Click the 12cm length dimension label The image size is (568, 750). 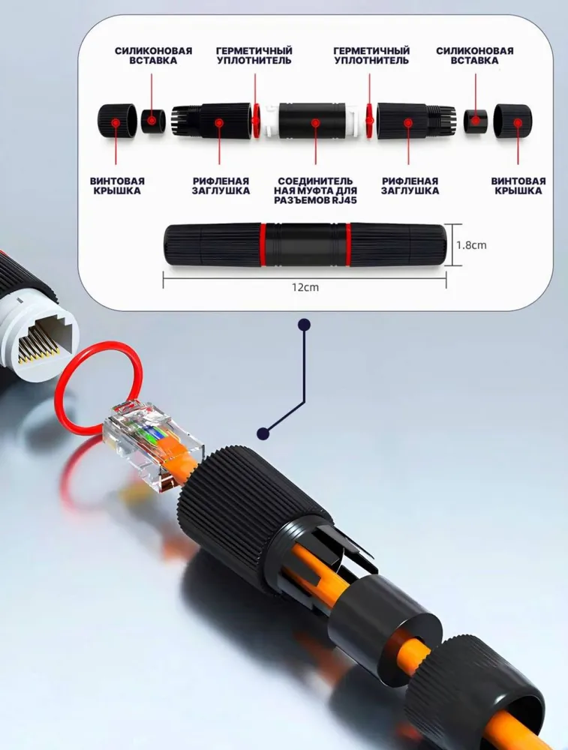coord(305,287)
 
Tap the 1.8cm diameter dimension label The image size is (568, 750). coord(471,245)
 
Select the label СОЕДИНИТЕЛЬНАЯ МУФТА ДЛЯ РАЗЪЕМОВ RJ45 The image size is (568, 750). coord(315,190)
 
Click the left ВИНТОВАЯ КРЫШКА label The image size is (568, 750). coord(117,185)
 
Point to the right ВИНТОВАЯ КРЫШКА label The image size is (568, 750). coord(518,185)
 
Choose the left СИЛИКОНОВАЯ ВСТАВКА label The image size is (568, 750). coord(153,55)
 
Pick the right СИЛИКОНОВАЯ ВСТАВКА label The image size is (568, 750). coord(475,55)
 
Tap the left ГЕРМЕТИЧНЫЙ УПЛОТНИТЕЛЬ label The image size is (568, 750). coord(254,55)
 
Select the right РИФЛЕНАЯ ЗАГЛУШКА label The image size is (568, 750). coord(410,185)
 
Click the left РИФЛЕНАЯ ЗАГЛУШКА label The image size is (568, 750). coord(221,185)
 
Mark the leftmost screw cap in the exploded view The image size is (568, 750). coord(116,122)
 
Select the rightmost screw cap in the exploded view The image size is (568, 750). coord(513,122)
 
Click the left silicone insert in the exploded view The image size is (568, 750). coord(153,121)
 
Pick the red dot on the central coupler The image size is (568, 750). coord(315,123)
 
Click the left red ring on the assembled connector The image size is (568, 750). coord(263,244)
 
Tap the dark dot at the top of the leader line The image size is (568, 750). coord(304,325)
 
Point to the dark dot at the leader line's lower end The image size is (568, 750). coord(263,433)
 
